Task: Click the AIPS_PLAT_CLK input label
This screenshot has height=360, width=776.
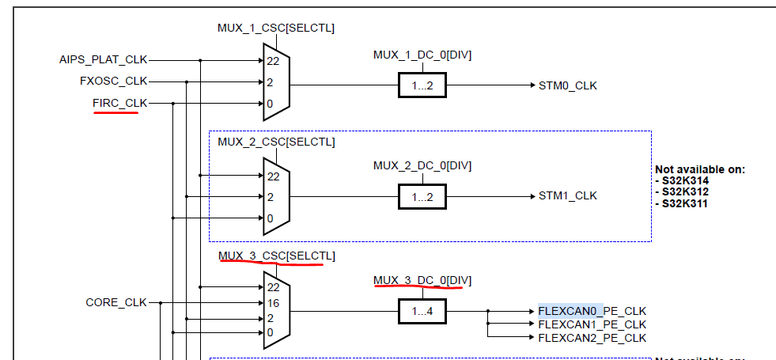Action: pos(103,59)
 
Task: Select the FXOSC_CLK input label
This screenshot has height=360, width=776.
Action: pos(113,81)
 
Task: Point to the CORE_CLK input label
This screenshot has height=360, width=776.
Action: pos(116,302)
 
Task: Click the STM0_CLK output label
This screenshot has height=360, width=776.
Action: pos(568,85)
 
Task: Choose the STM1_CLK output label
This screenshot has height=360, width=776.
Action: pos(568,195)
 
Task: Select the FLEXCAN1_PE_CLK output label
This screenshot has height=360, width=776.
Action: pos(592,324)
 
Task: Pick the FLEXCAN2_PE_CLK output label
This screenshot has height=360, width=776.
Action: pos(592,338)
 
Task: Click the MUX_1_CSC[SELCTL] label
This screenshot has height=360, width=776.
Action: pos(276,28)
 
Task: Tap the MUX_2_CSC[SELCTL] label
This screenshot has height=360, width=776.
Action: pos(276,142)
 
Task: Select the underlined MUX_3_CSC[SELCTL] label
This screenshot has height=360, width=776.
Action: pos(276,256)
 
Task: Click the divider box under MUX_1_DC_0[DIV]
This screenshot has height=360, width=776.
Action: pos(422,85)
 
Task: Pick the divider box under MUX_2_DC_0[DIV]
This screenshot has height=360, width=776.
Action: pos(422,196)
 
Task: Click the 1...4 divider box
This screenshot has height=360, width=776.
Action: pos(422,312)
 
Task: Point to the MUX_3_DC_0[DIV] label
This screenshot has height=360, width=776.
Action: pos(422,280)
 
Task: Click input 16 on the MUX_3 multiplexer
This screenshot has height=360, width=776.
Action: pos(272,302)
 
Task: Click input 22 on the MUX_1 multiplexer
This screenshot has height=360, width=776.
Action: pos(272,60)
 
